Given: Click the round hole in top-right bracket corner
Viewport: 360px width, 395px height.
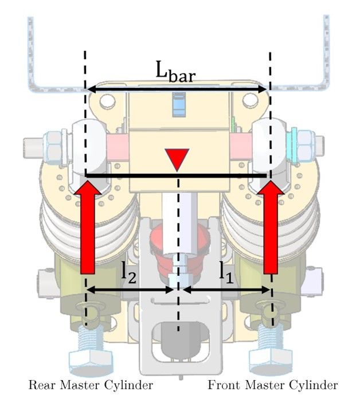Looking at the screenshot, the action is pos(249,101).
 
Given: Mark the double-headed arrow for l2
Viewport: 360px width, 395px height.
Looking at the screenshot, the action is pos(130,290).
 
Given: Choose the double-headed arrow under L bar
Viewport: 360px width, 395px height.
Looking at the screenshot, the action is pos(178,89).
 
